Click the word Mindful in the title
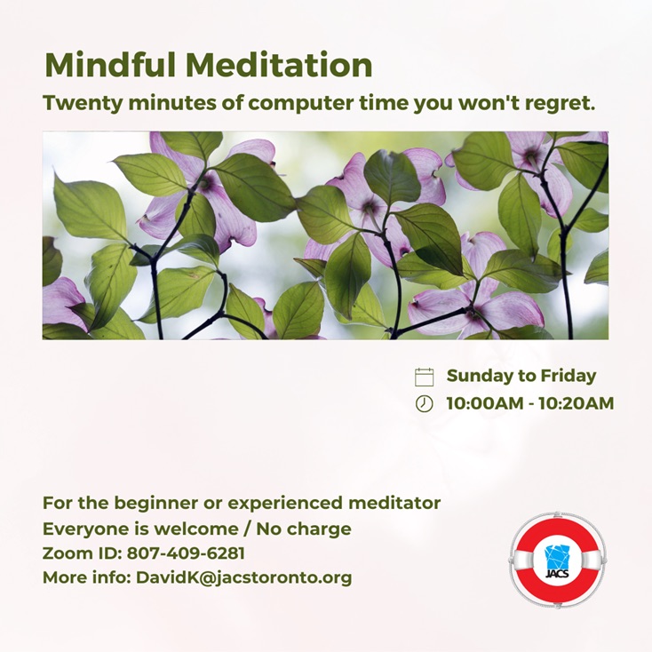click(111, 65)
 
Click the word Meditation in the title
click(279, 65)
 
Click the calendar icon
click(424, 377)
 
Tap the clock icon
click(424, 403)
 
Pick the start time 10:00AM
click(485, 403)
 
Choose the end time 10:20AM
click(576, 403)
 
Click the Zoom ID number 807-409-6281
click(186, 553)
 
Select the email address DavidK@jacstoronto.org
click(244, 578)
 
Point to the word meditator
click(394, 503)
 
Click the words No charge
click(304, 529)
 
